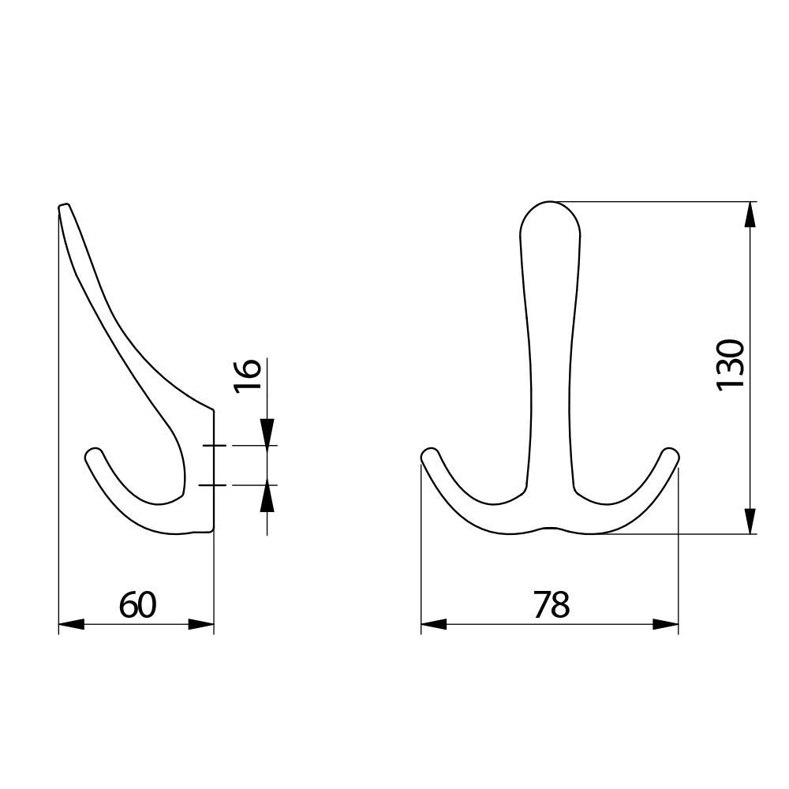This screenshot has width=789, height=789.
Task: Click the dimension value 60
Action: (x=138, y=605)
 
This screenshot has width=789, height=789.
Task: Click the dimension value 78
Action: (x=552, y=605)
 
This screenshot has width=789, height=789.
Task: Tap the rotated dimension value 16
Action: (x=247, y=376)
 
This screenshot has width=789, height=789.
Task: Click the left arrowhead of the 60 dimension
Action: (x=72, y=624)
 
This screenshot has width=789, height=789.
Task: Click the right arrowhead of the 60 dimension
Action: (x=200, y=624)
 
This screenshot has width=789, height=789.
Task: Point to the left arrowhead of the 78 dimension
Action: (x=434, y=624)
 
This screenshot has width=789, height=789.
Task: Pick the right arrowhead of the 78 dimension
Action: (x=665, y=624)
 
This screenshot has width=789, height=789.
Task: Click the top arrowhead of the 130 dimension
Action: (x=750, y=215)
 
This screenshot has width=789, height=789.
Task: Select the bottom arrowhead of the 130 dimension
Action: (x=750, y=521)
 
